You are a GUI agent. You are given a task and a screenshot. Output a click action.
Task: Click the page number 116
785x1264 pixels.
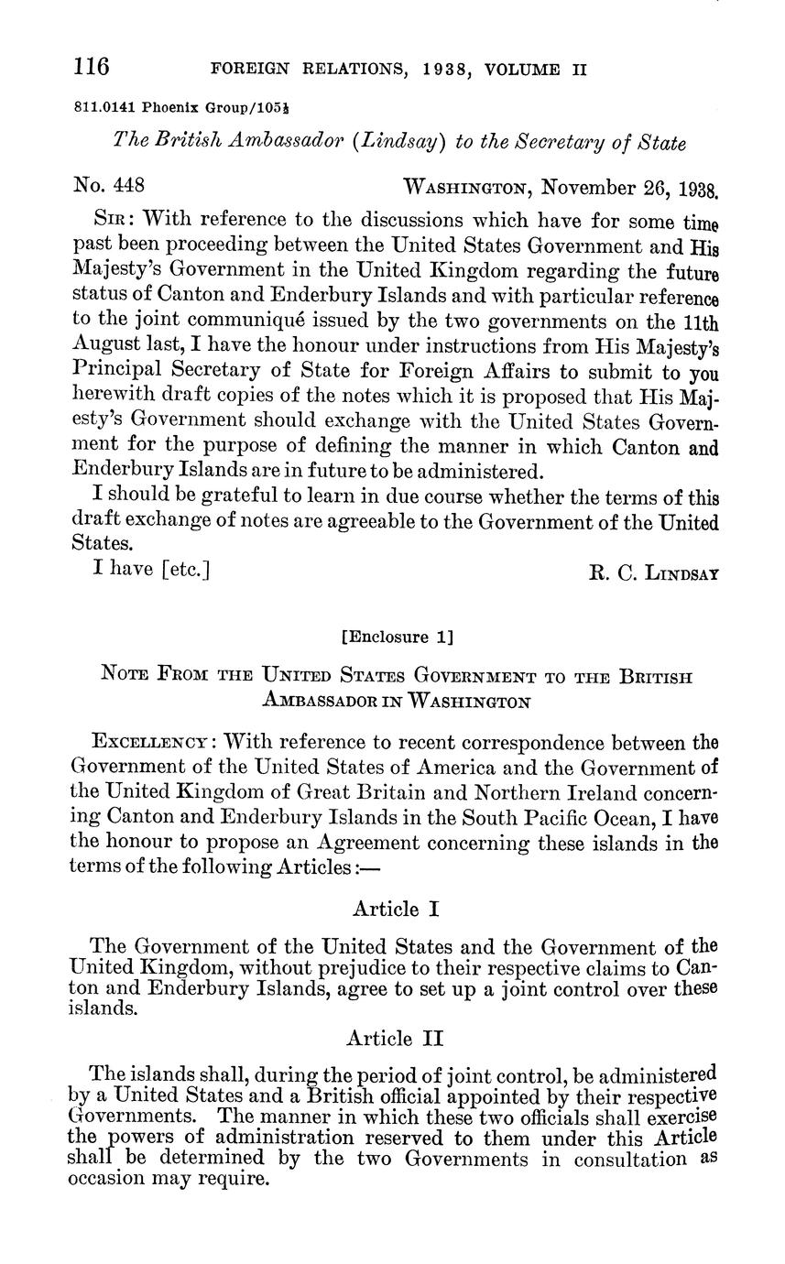92,68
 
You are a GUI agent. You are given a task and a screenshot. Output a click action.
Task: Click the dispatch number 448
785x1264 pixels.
129,187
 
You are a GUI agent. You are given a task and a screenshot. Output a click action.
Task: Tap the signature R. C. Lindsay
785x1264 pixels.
652,573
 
